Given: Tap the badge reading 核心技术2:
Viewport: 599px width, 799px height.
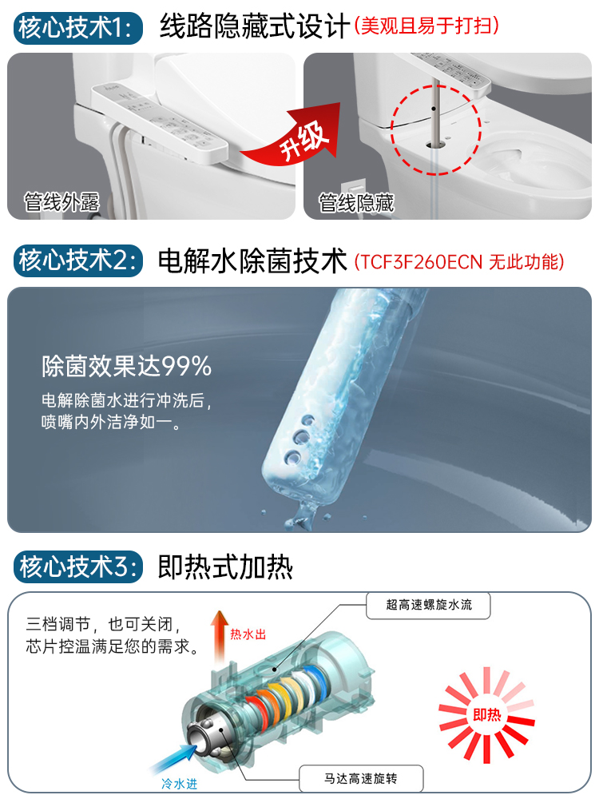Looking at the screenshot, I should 77,260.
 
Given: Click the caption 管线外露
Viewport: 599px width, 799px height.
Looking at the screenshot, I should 62,201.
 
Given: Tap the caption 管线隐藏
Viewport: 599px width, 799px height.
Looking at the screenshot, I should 356,201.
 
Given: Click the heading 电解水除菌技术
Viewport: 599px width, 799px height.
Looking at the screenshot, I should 252,260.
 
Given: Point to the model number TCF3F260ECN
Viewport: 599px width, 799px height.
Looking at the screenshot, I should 421,261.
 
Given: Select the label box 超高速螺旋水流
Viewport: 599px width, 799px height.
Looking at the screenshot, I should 429,605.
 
